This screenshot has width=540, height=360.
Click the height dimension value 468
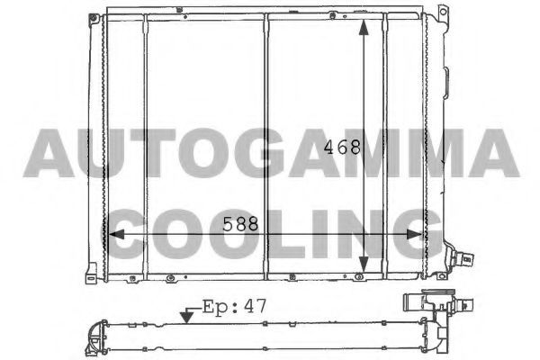(342, 147)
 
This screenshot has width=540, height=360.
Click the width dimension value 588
(240, 224)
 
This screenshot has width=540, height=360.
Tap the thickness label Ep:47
(234, 306)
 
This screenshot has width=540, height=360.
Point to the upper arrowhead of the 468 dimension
(364, 28)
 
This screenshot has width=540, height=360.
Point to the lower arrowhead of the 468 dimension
(364, 265)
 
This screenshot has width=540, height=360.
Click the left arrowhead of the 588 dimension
(116, 235)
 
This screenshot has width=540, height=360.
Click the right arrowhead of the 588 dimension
(415, 235)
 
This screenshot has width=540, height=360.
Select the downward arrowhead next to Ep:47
(186, 317)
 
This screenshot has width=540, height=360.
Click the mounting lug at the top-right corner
(442, 13)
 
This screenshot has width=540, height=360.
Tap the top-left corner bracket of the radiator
(94, 20)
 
